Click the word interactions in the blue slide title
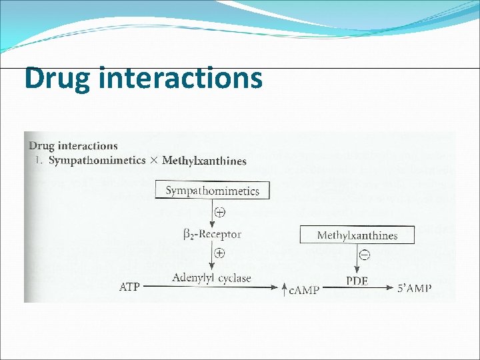[179, 77]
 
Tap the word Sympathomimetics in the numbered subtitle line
[97, 160]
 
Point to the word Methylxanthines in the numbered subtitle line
[204, 160]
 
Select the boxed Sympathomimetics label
[212, 190]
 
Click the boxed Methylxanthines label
[357, 235]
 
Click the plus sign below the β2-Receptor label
[220, 254]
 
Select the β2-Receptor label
[212, 234]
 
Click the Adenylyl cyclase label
[211, 278]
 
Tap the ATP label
[130, 287]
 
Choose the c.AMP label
[303, 289]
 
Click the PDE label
[357, 281]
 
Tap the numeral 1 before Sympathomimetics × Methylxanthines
[38, 160]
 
